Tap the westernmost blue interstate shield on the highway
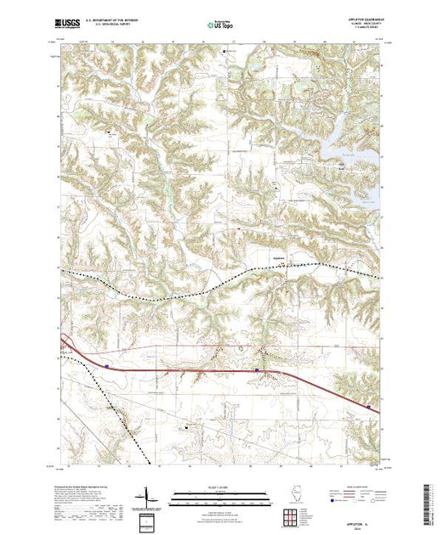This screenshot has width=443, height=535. click(107, 366)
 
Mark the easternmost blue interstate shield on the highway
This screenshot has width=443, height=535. click(368, 407)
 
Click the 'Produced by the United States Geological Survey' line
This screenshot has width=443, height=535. click(81, 487)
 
